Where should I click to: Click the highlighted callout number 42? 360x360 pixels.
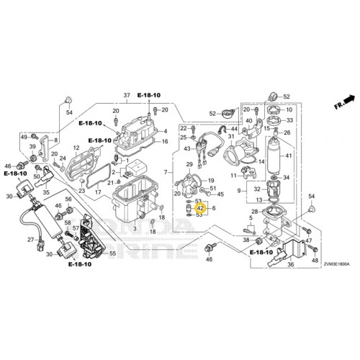[201, 208]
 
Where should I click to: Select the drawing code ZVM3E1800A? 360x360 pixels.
[333, 265]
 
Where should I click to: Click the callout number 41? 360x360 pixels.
[289, 156]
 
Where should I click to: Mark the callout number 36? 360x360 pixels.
[291, 264]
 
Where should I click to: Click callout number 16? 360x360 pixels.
[165, 142]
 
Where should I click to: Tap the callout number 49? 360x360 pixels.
[24, 137]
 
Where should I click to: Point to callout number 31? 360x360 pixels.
[231, 136]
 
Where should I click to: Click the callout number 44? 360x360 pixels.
[235, 129]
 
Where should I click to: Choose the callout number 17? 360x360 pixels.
[98, 193]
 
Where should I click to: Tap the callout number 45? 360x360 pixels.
[220, 194]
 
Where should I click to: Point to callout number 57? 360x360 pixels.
[76, 228]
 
